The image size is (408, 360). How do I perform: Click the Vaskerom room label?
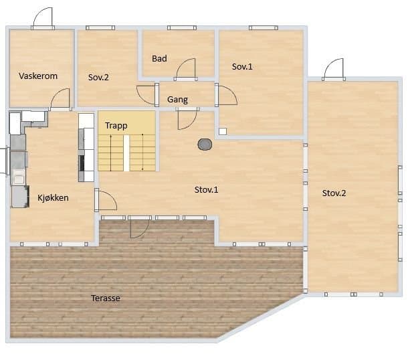pyautogui.click(x=38, y=76)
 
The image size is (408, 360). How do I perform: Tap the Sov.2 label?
pyautogui.click(x=98, y=78)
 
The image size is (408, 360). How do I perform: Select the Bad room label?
pyautogui.click(x=159, y=59)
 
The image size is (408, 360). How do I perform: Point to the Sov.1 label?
pyautogui.click(x=242, y=67)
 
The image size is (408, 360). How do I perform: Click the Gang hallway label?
pyautogui.click(x=177, y=100)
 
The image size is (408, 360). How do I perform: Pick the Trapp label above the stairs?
pyautogui.click(x=116, y=126)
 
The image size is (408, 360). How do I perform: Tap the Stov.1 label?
pyautogui.click(x=207, y=190)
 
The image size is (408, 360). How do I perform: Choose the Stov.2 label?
pyautogui.click(x=334, y=193)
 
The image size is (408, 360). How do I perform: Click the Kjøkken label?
pyautogui.click(x=53, y=198)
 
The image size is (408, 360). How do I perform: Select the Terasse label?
pyautogui.click(x=106, y=298)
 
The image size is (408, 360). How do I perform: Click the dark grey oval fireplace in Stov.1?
pyautogui.click(x=205, y=145)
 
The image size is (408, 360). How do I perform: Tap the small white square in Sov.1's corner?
pyautogui.click(x=223, y=131)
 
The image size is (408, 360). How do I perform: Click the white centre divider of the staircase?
pyautogui.click(x=126, y=153)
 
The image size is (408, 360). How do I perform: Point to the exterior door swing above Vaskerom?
pyautogui.click(x=43, y=17)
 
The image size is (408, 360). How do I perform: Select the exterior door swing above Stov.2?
pyautogui.click(x=334, y=68)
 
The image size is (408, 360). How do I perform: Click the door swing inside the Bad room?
pyautogui.click(x=186, y=68)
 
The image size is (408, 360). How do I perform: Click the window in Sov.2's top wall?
pyautogui.click(x=100, y=28)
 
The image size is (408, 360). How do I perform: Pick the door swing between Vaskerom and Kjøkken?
pyautogui.click(x=60, y=98)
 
